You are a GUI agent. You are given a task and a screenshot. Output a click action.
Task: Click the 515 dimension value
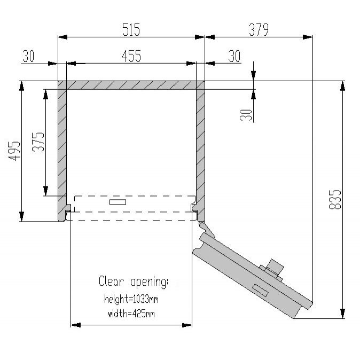click(131, 29)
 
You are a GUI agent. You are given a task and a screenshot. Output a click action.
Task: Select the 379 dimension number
click(259, 29)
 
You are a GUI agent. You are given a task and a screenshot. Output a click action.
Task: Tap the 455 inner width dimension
click(131, 56)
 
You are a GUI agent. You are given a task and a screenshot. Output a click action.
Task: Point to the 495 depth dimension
click(14, 151)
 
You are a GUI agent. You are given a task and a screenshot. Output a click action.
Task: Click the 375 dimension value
click(38, 142)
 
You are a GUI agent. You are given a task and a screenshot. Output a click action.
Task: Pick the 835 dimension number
click(335, 199)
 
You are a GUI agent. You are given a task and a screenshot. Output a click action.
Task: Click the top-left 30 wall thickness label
click(28, 56)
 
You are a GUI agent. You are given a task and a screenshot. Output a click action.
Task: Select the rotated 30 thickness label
click(246, 115)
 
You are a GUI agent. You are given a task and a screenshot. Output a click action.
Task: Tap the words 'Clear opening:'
click(134, 281)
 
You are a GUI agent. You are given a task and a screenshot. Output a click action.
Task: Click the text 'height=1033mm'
click(131, 299)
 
